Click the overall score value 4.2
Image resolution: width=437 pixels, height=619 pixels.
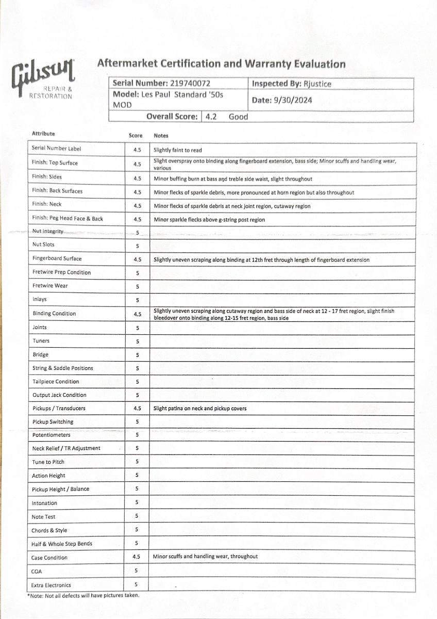(211, 117)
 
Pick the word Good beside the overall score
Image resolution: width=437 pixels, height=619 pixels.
(238, 117)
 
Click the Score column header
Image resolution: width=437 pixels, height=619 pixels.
(136, 136)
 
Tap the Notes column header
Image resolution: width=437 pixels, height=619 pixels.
(161, 136)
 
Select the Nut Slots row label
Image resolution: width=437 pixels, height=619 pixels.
(43, 245)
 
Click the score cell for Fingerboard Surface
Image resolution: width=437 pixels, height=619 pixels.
(137, 259)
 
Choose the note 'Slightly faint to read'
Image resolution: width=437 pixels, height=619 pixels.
(178, 150)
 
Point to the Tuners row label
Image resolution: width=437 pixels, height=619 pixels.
(42, 341)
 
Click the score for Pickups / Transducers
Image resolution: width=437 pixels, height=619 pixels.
(137, 409)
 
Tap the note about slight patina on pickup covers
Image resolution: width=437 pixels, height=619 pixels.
(200, 409)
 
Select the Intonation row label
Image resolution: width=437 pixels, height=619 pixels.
(45, 503)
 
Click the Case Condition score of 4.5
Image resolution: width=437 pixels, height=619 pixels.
(137, 557)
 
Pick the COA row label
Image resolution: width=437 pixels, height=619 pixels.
(37, 571)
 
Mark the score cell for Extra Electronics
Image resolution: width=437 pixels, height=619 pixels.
(137, 584)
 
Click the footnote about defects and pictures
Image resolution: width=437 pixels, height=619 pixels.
(83, 595)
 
